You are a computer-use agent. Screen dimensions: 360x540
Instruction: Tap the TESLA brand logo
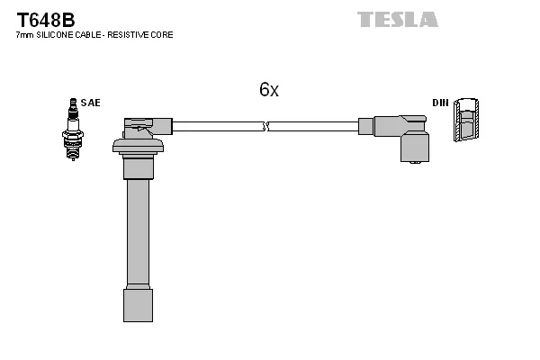coord(397,19)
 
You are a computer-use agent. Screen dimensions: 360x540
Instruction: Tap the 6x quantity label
coord(269,90)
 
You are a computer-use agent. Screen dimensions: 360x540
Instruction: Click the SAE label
coord(91,103)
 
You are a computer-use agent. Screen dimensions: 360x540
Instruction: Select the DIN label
coord(440,103)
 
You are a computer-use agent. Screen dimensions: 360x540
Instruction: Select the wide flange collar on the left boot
coord(138,146)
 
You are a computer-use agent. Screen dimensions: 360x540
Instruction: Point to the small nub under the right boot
coord(415,163)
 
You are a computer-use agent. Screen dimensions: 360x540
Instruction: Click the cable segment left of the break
coord(216,127)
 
